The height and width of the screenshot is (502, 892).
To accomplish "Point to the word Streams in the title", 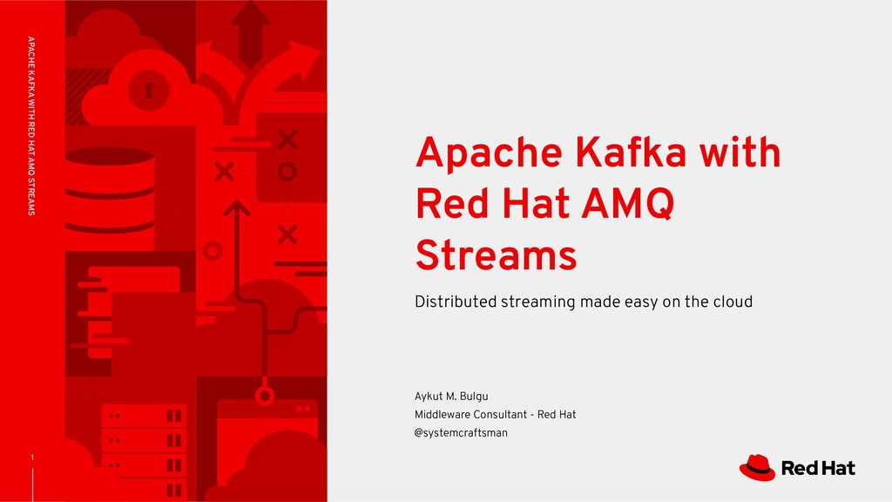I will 496,257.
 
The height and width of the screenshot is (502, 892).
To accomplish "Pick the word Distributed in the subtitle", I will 456,302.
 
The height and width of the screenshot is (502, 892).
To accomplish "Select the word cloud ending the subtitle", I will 731,302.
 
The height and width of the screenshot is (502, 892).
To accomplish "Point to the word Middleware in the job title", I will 446,415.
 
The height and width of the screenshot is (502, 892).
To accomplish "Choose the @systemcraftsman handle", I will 461,433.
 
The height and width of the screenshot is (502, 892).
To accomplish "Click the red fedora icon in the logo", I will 757,468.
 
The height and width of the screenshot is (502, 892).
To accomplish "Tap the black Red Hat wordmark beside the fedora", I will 819,469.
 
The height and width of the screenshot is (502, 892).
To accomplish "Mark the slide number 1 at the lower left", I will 32,458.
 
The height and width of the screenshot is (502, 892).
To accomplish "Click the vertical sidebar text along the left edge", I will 32,126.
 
